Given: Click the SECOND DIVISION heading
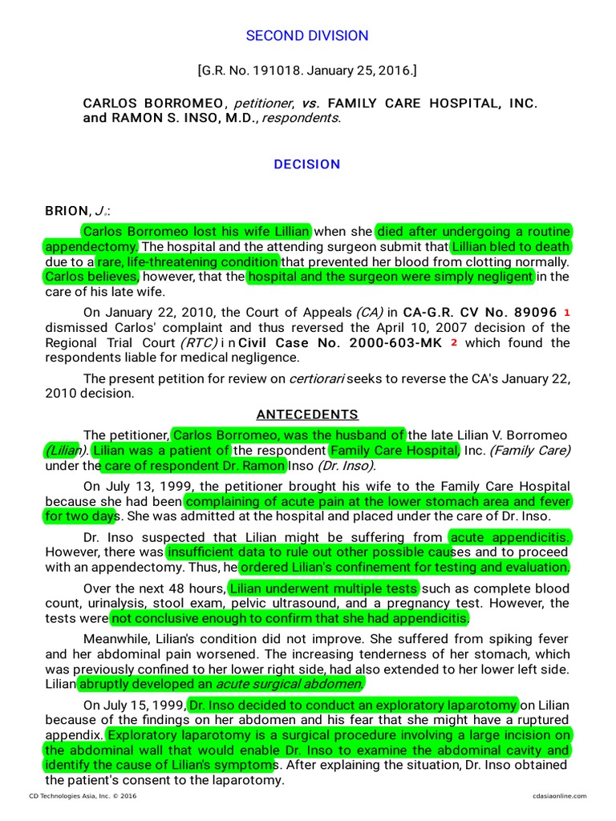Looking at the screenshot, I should click(x=307, y=35).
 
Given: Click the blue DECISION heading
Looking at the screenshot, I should click(x=307, y=164).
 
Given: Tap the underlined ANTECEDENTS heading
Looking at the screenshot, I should click(x=307, y=415).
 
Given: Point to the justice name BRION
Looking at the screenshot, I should click(x=67, y=211).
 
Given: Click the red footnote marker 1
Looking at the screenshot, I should click(x=566, y=312).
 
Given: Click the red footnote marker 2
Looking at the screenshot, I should click(x=454, y=342).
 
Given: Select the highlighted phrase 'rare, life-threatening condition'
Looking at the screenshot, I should click(x=188, y=262).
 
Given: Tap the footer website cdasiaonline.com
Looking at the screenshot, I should click(x=559, y=795).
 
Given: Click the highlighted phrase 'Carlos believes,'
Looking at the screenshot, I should click(x=91, y=277).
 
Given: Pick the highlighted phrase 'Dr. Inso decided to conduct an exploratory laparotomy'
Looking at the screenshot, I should click(x=353, y=705).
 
